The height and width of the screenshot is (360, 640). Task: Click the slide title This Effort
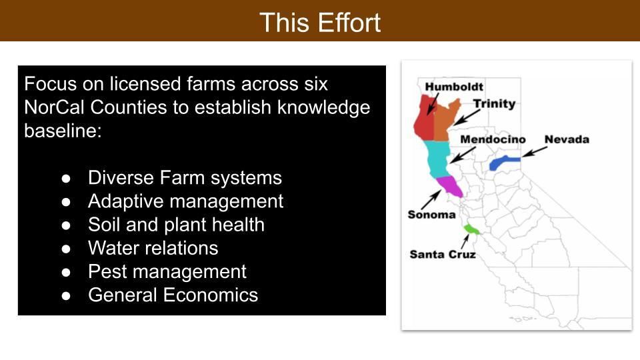coord(320,22)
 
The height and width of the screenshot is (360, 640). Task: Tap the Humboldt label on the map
coord(454,87)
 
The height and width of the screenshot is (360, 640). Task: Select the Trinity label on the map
coord(494,104)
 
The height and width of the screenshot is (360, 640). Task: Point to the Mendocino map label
coord(493,139)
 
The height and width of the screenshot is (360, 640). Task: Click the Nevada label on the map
coord(567,139)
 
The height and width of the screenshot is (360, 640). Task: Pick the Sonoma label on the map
coord(431,215)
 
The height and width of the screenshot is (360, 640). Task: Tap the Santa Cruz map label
coord(443,254)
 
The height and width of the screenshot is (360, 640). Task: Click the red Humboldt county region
coord(424,119)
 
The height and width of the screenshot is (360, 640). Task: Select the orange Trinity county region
coord(444,123)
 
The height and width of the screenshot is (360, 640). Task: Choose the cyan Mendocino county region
coord(437,158)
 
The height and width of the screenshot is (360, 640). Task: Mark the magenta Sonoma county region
coord(450,186)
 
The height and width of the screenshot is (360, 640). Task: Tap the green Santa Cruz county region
coord(471,229)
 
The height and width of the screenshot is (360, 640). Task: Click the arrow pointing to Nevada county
coord(534,152)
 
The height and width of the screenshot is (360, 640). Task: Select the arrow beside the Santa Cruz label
coord(465,241)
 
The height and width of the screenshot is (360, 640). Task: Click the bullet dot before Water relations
coord(66,249)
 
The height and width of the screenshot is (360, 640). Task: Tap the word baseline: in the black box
coord(63,131)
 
